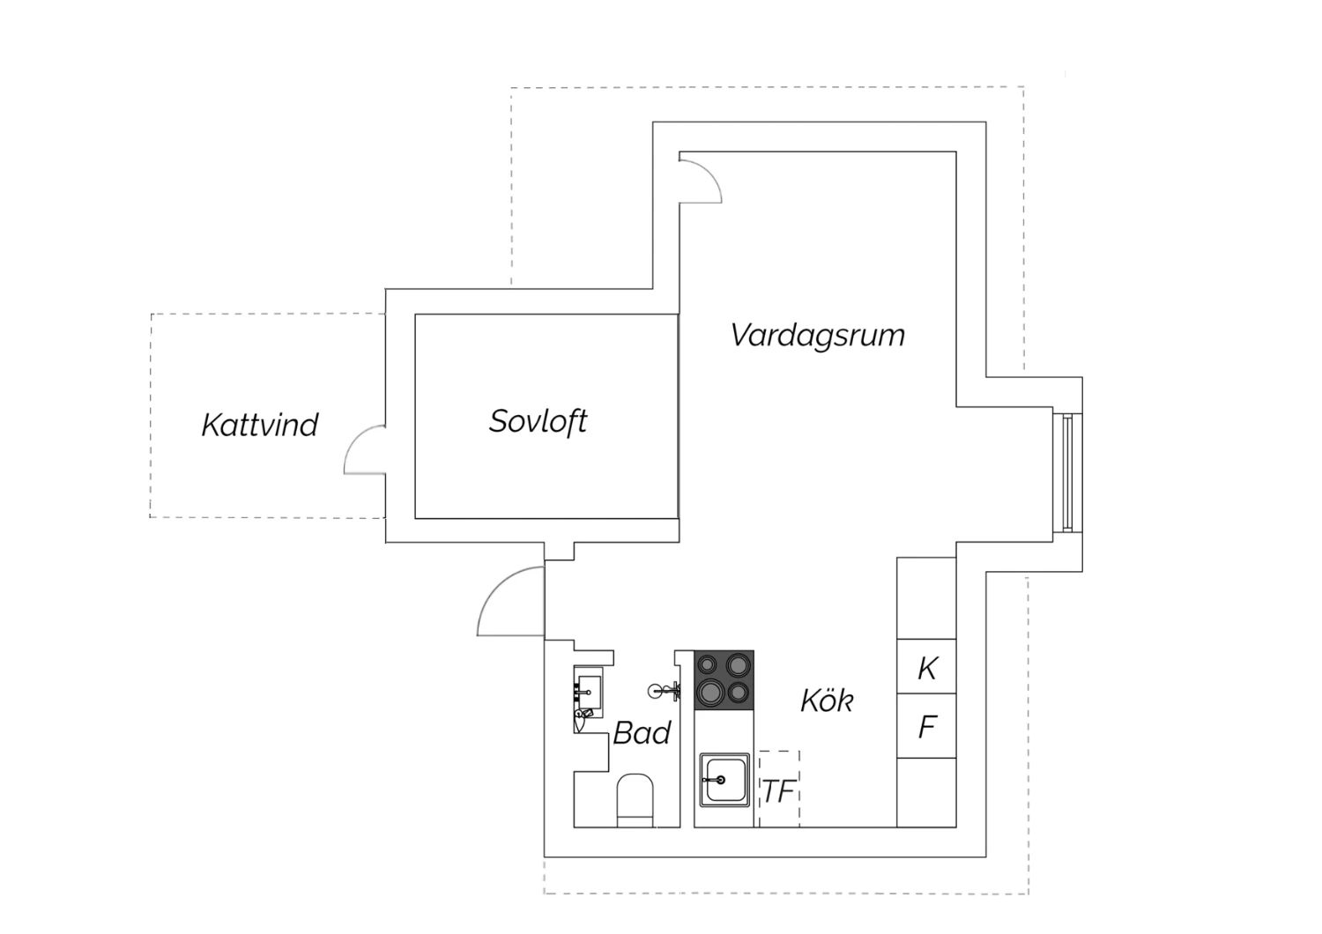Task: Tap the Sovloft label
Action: [x=538, y=422]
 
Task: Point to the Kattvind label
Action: [x=260, y=425]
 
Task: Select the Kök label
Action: [x=827, y=700]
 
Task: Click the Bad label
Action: [x=642, y=733]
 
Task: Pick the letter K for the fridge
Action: [x=927, y=669]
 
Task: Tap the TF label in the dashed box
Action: [x=779, y=791]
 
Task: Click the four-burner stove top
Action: [x=724, y=679]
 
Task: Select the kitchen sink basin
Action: [x=724, y=780]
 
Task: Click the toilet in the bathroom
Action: [x=635, y=800]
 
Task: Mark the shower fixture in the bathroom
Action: [x=665, y=690]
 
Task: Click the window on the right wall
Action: [x=1067, y=472]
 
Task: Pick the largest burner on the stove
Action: [x=710, y=692]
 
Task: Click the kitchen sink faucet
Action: [x=714, y=780]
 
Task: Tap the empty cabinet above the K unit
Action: [x=926, y=598]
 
